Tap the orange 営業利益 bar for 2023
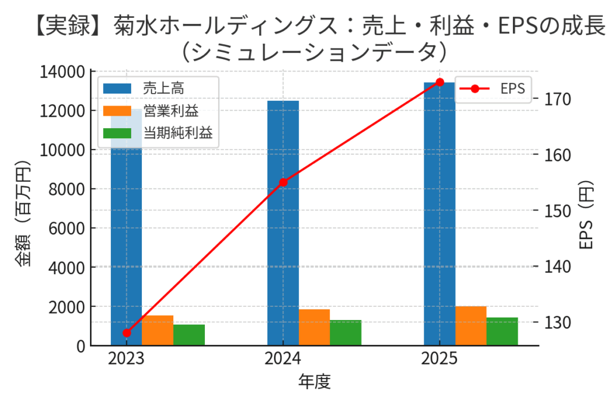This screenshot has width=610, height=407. [x=157, y=330]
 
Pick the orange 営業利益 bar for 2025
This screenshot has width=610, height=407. [x=471, y=325]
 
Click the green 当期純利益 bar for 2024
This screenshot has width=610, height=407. [x=346, y=333]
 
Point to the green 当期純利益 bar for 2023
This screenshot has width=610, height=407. [x=189, y=335]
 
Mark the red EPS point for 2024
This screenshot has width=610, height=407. [x=283, y=182]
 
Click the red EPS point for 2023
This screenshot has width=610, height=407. [x=126, y=333]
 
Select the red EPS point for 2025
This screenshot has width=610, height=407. [x=440, y=82]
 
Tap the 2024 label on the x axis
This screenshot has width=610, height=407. [x=283, y=359]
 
